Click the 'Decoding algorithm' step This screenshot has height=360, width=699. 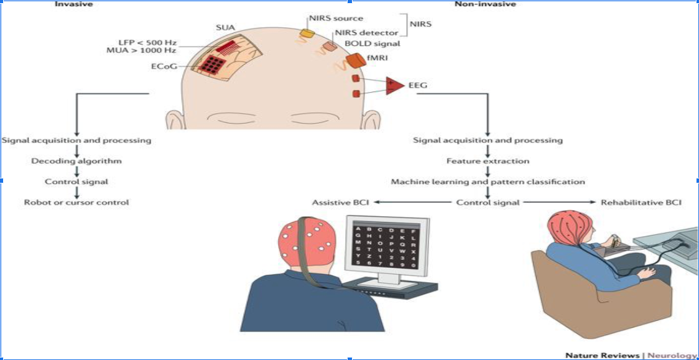(x=76, y=161)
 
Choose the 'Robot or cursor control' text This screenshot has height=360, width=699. (x=76, y=202)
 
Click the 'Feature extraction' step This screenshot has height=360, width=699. (x=488, y=161)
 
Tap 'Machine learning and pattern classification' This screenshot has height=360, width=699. (x=488, y=182)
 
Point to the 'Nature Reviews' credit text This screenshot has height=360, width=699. (x=602, y=355)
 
